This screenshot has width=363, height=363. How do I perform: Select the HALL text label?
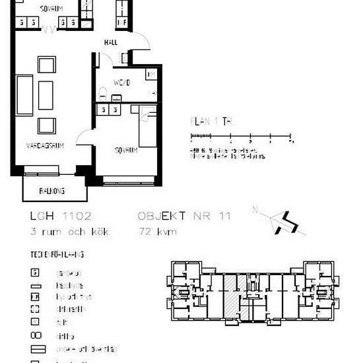(110, 42)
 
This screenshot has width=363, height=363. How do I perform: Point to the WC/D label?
(122, 83)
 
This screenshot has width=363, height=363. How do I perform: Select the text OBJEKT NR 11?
(184, 215)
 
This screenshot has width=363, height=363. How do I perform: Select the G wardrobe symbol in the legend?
(35, 272)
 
